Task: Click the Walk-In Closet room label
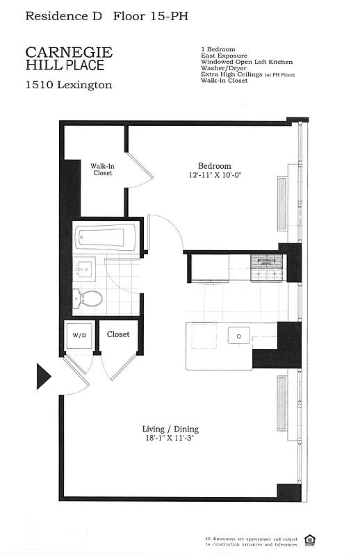103,170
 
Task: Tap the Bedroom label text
214,165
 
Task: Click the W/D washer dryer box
80,335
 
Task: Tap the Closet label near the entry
118,334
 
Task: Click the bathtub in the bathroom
107,238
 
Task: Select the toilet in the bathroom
90,300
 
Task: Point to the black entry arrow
43,377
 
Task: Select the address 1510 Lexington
68,85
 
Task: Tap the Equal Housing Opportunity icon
332,539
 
